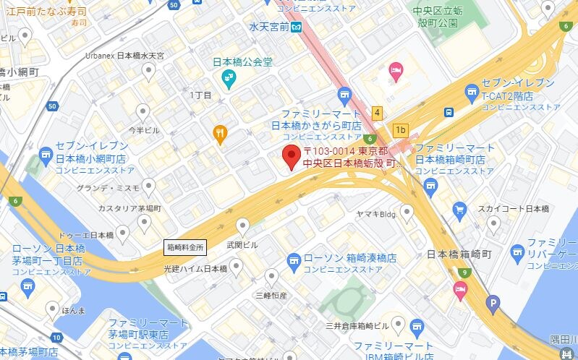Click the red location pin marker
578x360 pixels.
(292, 156)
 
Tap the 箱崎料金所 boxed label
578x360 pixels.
(186, 247)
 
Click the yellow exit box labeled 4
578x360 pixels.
(377, 113)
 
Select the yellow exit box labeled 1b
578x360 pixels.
(401, 131)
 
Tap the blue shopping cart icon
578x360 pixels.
(459, 210)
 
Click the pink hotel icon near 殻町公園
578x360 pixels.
(396, 70)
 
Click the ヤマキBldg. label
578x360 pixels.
(378, 213)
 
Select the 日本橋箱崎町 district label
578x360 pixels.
(459, 254)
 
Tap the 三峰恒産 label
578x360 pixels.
(271, 295)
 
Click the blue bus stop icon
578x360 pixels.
(449, 112)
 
